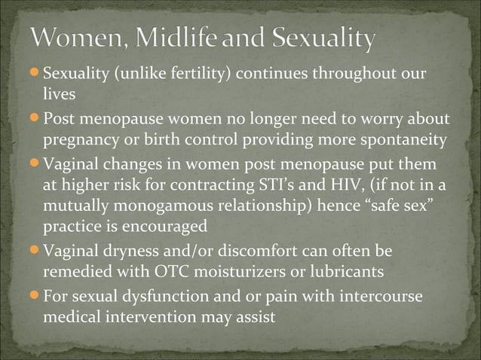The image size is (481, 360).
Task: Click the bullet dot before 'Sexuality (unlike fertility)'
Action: tap(35, 76)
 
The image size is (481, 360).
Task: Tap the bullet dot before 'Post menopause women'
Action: tap(35, 120)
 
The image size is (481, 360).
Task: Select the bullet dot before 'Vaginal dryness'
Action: tap(35, 250)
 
